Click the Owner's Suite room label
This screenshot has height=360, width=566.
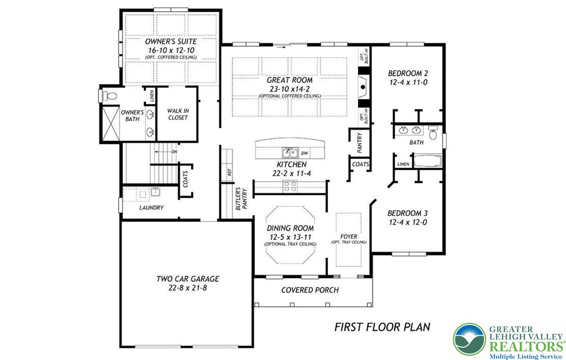171,41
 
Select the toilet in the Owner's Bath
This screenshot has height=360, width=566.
109,95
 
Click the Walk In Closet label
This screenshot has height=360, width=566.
177,114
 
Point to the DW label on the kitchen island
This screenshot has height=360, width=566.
305,153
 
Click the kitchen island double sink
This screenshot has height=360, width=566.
290,152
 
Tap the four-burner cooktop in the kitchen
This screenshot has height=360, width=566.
290,186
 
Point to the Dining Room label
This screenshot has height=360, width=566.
290,229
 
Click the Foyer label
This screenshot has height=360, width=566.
349,237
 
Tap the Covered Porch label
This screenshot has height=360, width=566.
310,290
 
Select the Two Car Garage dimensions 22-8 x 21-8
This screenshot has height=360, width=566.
187,288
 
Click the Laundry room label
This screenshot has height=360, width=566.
151,208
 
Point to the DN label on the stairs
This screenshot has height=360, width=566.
174,152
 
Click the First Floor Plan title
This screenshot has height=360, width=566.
382,327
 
